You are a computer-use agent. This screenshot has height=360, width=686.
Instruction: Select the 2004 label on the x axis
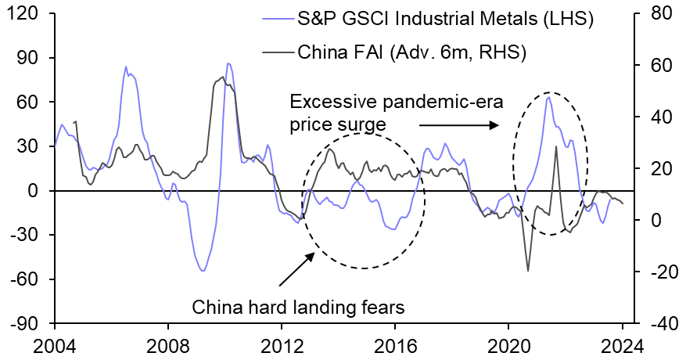55,344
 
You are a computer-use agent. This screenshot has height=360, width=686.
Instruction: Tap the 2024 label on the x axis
622,344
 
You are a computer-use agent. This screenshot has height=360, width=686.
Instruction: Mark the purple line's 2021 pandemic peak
548,97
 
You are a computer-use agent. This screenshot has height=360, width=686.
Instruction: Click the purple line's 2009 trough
203,271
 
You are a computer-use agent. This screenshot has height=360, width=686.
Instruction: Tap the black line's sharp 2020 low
528,271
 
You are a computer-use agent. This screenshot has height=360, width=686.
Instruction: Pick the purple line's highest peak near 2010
228,63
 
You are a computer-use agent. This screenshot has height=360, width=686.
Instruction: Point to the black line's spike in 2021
555,146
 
